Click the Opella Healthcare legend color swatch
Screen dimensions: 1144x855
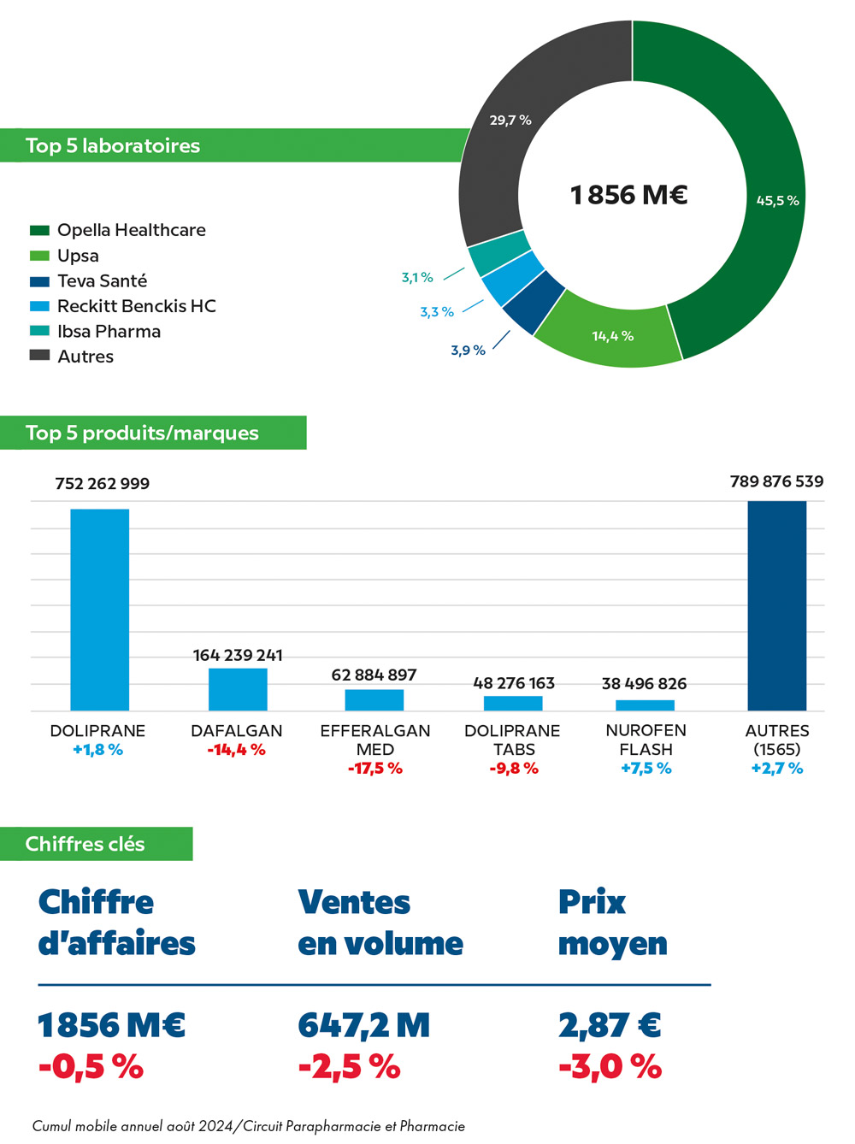pyautogui.click(x=39, y=230)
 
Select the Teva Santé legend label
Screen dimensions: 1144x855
pyautogui.click(x=102, y=281)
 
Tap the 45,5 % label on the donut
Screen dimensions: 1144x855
pyautogui.click(x=777, y=201)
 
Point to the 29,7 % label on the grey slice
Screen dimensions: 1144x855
pyautogui.click(x=510, y=121)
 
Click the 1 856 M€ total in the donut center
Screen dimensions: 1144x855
pyautogui.click(x=629, y=196)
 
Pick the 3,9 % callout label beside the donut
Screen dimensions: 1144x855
pyautogui.click(x=468, y=351)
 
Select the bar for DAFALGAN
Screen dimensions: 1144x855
pyautogui.click(x=238, y=689)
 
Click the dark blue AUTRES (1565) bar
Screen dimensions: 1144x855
pyautogui.click(x=776, y=605)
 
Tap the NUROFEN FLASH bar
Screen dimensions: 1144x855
pyautogui.click(x=645, y=705)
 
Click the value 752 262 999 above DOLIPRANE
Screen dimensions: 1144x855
pyautogui.click(x=102, y=484)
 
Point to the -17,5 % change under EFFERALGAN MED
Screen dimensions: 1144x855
pyautogui.click(x=374, y=769)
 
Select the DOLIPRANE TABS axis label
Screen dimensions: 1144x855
pyautogui.click(x=512, y=740)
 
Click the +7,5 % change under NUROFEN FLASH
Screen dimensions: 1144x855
pyautogui.click(x=646, y=769)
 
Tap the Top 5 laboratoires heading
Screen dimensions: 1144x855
pyautogui.click(x=113, y=146)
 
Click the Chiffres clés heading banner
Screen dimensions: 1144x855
pyautogui.click(x=85, y=844)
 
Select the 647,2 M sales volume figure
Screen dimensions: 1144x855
pyautogui.click(x=364, y=1025)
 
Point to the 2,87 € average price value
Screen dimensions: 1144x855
pyautogui.click(x=610, y=1025)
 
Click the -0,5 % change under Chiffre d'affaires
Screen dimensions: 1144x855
pyautogui.click(x=91, y=1067)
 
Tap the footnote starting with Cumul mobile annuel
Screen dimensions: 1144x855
pyautogui.click(x=249, y=1126)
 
